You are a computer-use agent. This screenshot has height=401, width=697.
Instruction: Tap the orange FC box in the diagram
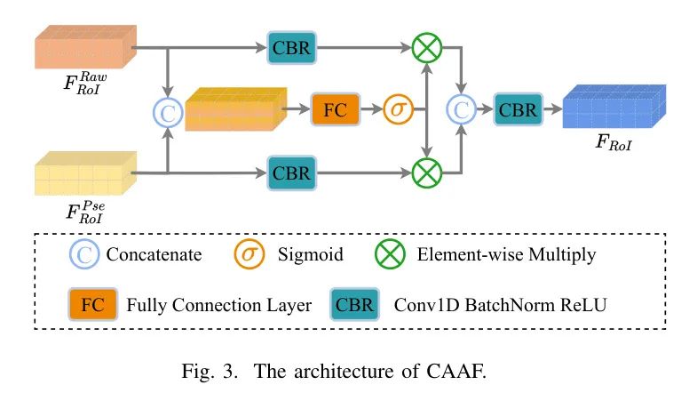coord(335,111)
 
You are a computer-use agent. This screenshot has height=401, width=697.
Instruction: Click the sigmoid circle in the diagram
coord(398,111)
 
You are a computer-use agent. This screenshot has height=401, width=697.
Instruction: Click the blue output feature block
coord(614,108)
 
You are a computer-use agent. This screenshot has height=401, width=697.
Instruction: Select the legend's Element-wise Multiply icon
coord(390,254)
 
